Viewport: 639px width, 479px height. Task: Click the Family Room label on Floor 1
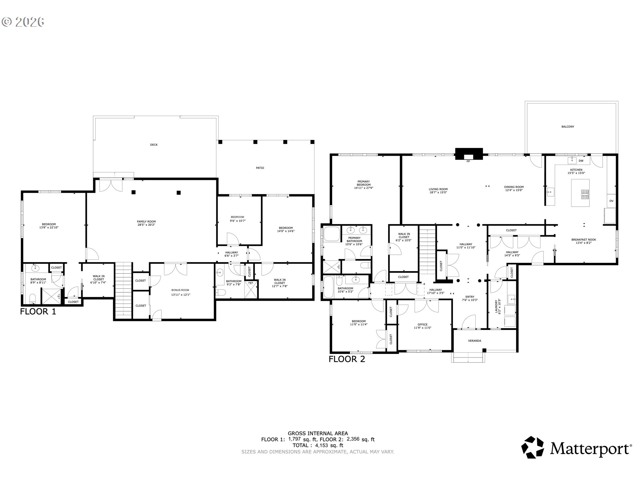point(146,222)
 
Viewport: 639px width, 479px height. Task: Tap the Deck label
point(154,145)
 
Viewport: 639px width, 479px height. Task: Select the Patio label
point(260,168)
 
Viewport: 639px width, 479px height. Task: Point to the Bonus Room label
point(180,290)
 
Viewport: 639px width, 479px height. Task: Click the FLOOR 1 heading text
point(38,312)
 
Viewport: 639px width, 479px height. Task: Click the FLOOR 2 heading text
point(347,359)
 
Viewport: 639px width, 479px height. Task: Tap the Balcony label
point(568,127)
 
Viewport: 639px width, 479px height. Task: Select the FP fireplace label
point(468,161)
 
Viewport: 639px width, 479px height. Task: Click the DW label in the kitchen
point(581,161)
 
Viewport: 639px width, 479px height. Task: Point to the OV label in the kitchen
point(611,201)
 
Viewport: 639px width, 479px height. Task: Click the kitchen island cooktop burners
point(585,195)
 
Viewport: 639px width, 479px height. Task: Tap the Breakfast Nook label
point(583,239)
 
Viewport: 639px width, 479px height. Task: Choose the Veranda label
point(474,341)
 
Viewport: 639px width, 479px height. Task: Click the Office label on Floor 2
point(423,325)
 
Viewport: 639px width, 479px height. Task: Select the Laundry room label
point(496,306)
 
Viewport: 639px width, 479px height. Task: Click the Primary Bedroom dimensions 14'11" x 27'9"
point(363,188)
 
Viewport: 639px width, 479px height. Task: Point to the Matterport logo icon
point(532,447)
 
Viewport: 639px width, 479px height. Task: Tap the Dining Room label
point(514,187)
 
